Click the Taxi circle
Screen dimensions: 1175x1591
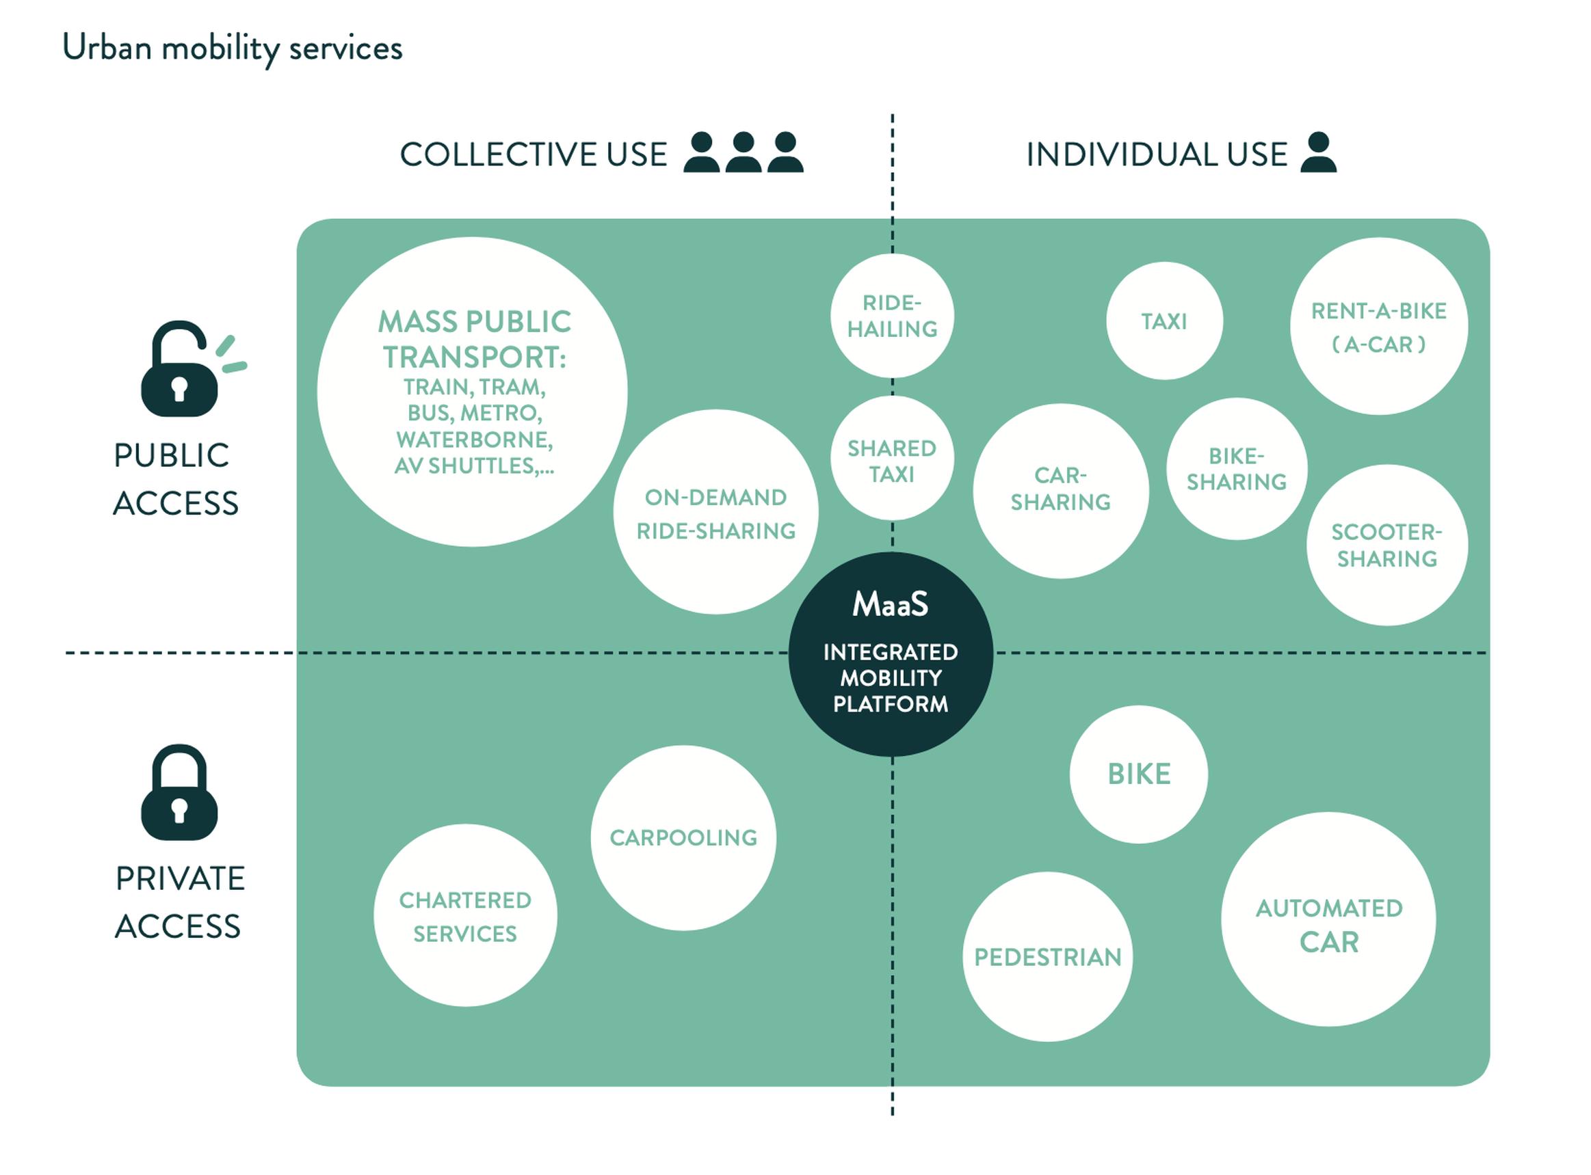tap(1164, 321)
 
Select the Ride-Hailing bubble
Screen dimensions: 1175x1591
tap(891, 316)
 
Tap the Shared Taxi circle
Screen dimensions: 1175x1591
tap(891, 459)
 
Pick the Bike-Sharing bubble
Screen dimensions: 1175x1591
tap(1236, 469)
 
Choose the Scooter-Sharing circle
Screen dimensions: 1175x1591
tap(1386, 545)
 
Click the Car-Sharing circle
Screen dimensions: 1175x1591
tap(1060, 490)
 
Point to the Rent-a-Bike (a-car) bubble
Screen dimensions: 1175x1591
tap(1378, 327)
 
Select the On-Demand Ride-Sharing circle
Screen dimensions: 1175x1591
tap(715, 512)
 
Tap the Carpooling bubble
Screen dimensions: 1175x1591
tap(683, 837)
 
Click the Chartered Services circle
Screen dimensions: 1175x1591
tap(464, 915)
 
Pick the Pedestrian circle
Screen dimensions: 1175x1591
tap(1047, 957)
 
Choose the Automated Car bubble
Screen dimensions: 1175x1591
tap(1328, 919)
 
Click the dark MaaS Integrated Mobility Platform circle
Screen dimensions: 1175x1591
tap(890, 653)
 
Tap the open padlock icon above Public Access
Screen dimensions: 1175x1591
tap(180, 370)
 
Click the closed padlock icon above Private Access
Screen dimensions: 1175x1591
tap(179, 792)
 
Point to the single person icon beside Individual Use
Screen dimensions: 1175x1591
tap(1318, 152)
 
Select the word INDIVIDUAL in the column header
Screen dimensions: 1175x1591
tap(1121, 154)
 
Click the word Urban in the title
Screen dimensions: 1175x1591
tap(107, 48)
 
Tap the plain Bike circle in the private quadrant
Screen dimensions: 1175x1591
tap(1138, 774)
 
